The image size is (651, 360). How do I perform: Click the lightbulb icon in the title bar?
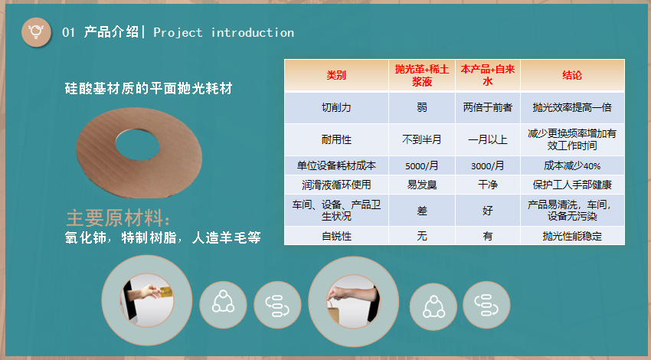36,32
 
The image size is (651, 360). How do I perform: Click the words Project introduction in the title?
224,32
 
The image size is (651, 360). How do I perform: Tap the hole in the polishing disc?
137,145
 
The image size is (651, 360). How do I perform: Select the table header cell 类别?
336,75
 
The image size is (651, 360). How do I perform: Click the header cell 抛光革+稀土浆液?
422,75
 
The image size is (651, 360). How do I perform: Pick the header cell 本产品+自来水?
488,75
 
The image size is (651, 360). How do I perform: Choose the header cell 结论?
572,75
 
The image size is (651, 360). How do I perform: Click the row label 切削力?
336,107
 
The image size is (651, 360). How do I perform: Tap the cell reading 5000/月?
422,165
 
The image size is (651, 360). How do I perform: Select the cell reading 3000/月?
487,165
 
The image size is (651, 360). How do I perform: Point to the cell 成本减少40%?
572,165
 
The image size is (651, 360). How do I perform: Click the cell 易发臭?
422,185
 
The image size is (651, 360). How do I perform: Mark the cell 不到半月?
422,139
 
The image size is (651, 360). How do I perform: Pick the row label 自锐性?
336,236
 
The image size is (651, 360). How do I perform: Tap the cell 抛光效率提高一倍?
572,107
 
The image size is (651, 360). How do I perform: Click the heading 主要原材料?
118,218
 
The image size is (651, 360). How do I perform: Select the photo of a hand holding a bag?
353,302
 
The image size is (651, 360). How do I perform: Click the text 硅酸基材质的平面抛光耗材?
149,88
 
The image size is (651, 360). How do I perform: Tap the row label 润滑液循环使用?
336,185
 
